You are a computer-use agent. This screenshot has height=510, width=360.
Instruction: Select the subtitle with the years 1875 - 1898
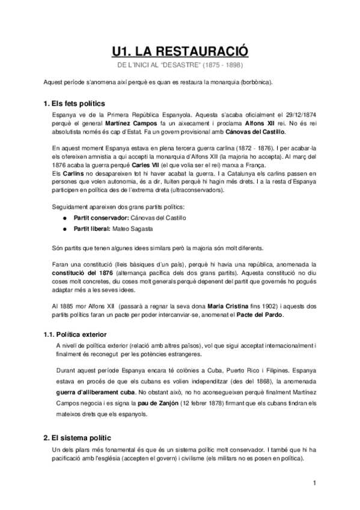click(180, 64)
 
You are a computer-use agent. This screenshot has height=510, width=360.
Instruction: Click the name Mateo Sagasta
click(139, 228)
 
